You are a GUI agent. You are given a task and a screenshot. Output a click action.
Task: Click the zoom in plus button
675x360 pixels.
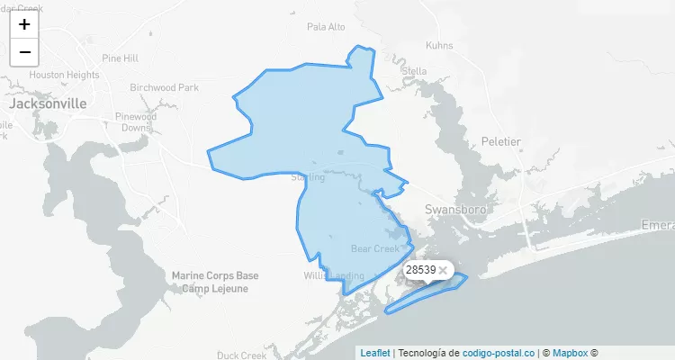pos(24,24)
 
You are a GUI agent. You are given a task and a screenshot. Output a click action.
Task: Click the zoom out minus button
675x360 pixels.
pos(24,52)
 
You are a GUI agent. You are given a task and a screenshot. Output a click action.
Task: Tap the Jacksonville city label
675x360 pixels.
pos(48,103)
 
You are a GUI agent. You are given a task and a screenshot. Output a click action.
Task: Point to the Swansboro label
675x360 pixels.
pos(454,209)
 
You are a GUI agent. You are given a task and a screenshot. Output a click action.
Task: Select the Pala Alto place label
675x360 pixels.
pos(326,27)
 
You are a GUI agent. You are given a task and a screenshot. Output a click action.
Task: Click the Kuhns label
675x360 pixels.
pos(439,45)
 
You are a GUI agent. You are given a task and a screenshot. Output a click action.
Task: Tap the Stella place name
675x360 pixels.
pos(415,71)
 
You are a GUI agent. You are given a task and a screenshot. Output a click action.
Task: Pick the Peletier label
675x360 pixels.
pos(501,142)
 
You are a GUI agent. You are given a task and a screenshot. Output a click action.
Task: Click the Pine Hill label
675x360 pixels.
pos(120,58)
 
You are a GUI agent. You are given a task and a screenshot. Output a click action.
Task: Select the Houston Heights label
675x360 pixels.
pos(64,75)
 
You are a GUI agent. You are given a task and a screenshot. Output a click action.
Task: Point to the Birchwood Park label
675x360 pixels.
pos(164,88)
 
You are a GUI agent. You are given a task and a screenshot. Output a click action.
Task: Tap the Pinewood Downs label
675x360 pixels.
pos(136,122)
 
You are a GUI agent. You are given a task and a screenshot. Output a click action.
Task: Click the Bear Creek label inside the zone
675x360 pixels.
pos(374,248)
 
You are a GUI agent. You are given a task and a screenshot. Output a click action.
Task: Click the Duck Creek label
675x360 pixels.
pos(242,355)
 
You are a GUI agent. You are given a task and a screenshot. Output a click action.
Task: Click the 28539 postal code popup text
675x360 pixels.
pos(420,270)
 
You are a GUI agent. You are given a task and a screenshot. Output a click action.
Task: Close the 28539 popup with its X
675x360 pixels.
pos(443,270)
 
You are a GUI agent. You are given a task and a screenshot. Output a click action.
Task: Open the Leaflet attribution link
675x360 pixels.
pos(375,353)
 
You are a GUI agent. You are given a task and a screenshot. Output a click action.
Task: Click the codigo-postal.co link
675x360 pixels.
pos(499,353)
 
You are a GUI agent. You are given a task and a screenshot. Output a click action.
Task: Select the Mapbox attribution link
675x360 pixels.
pos(570,353)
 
